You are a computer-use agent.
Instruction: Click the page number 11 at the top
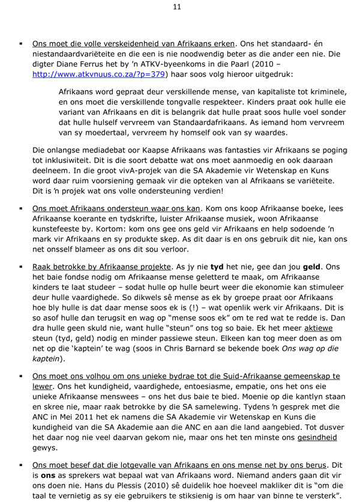179,7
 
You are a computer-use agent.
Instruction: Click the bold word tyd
233,265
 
